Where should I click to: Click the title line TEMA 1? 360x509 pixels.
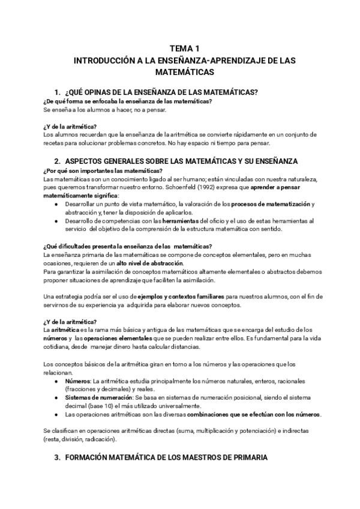click(x=185, y=48)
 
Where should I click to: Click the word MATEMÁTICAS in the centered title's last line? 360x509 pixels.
click(x=185, y=71)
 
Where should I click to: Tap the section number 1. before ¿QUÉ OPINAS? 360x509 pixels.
click(x=57, y=92)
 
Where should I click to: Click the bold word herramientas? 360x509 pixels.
click(x=178, y=221)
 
